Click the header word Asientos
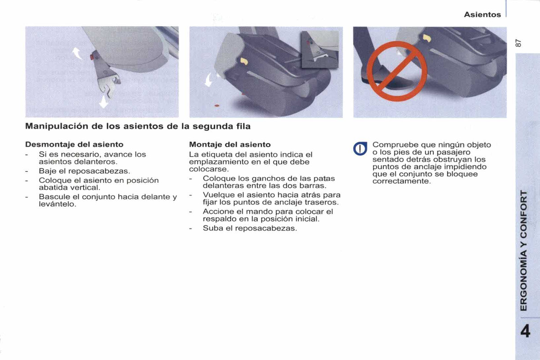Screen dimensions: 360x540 point(482,14)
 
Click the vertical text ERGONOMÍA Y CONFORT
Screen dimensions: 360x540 point(523,250)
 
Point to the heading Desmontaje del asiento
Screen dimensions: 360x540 point(74,144)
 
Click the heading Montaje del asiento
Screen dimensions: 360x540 point(230,144)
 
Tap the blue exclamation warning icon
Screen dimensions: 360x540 point(361,148)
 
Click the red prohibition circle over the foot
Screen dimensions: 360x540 point(396,72)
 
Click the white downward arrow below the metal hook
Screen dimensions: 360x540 point(104,101)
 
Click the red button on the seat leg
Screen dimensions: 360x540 point(93,58)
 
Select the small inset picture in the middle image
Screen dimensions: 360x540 point(319,49)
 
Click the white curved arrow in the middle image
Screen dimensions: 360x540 point(209,80)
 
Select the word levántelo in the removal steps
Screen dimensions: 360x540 point(57,204)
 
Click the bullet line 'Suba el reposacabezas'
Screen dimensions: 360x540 point(250,228)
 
